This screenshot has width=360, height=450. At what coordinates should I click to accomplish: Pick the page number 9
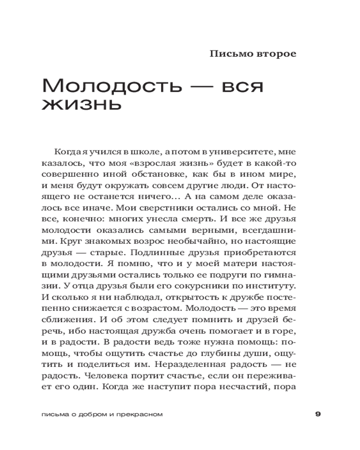click(318, 414)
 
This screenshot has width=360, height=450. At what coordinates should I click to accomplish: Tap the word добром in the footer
click(90, 414)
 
